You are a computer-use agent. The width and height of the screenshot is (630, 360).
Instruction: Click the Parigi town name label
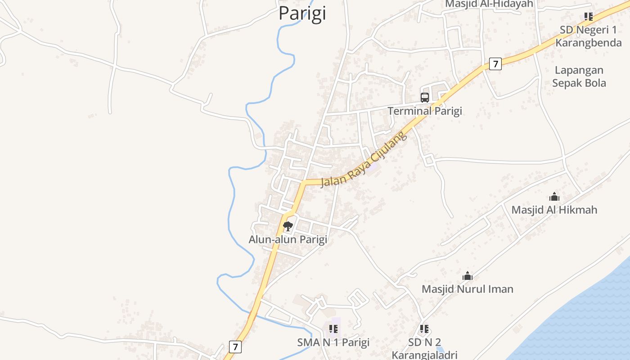pos(302,13)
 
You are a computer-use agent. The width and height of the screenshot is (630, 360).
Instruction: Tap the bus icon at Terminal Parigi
pos(425,97)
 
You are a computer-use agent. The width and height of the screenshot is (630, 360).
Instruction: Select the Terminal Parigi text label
pos(425,111)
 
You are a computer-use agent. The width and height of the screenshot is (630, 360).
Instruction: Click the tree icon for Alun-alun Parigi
pos(288,226)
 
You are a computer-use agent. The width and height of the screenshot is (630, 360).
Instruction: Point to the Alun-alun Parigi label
pos(288,239)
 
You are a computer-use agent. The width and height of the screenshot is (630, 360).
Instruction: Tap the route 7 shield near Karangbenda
pos(495,64)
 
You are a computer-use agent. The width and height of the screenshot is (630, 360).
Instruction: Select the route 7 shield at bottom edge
pos(235,346)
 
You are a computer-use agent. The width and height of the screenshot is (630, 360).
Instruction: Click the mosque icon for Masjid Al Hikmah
pos(554,197)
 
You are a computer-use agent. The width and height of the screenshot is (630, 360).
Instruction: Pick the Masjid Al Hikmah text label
pos(554,210)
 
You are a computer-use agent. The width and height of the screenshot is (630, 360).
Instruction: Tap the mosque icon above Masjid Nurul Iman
pos(468,276)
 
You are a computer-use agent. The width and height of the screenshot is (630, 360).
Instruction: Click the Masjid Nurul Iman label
pos(468,289)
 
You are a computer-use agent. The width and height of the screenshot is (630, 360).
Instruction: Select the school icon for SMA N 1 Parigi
pos(333,329)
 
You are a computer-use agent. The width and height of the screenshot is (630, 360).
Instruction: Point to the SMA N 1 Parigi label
pos(333,342)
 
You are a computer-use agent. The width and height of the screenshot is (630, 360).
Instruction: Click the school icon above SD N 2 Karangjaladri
pos(424,329)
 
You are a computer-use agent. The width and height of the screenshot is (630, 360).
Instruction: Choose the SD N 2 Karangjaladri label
pos(424,349)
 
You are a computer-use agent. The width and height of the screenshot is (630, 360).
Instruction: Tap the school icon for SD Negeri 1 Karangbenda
pos(588,17)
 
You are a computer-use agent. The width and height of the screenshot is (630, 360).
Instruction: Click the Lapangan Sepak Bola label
pos(579,76)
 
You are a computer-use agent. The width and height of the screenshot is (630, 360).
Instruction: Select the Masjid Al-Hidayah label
pos(489,4)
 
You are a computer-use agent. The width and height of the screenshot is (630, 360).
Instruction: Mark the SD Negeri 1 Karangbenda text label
pos(588,36)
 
